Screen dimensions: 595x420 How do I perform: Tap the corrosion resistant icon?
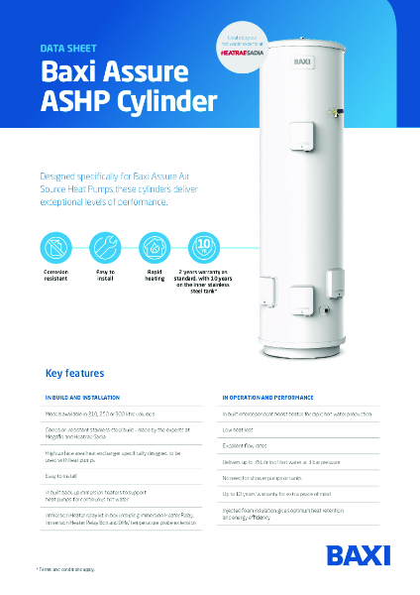pyautogui.click(x=55, y=246)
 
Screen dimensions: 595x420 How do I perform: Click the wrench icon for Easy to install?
pyautogui.click(x=105, y=246)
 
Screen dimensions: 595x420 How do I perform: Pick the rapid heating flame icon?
pyautogui.click(x=154, y=246)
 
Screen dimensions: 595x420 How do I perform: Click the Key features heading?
pyautogui.click(x=75, y=374)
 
